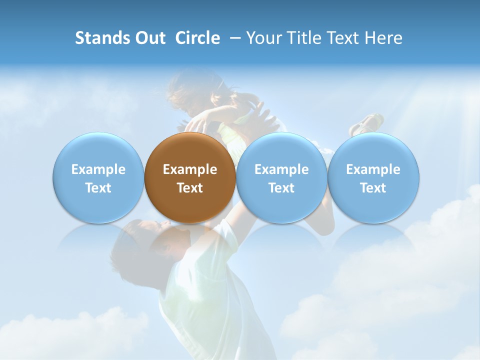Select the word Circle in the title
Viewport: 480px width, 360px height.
pos(197,38)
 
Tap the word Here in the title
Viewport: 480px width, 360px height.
pos(384,38)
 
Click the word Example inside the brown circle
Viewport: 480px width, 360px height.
pos(190,169)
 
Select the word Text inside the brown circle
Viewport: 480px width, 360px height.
pos(190,188)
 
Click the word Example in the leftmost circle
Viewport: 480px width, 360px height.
pos(98,169)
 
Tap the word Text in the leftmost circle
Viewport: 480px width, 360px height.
pos(98,188)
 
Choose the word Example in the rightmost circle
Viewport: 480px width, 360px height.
pos(373,169)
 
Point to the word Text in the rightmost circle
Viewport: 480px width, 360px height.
pos(373,188)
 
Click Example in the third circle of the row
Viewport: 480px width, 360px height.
pos(281,169)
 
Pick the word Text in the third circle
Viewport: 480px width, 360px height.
pos(281,188)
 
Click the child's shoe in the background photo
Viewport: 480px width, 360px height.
pos(368,123)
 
